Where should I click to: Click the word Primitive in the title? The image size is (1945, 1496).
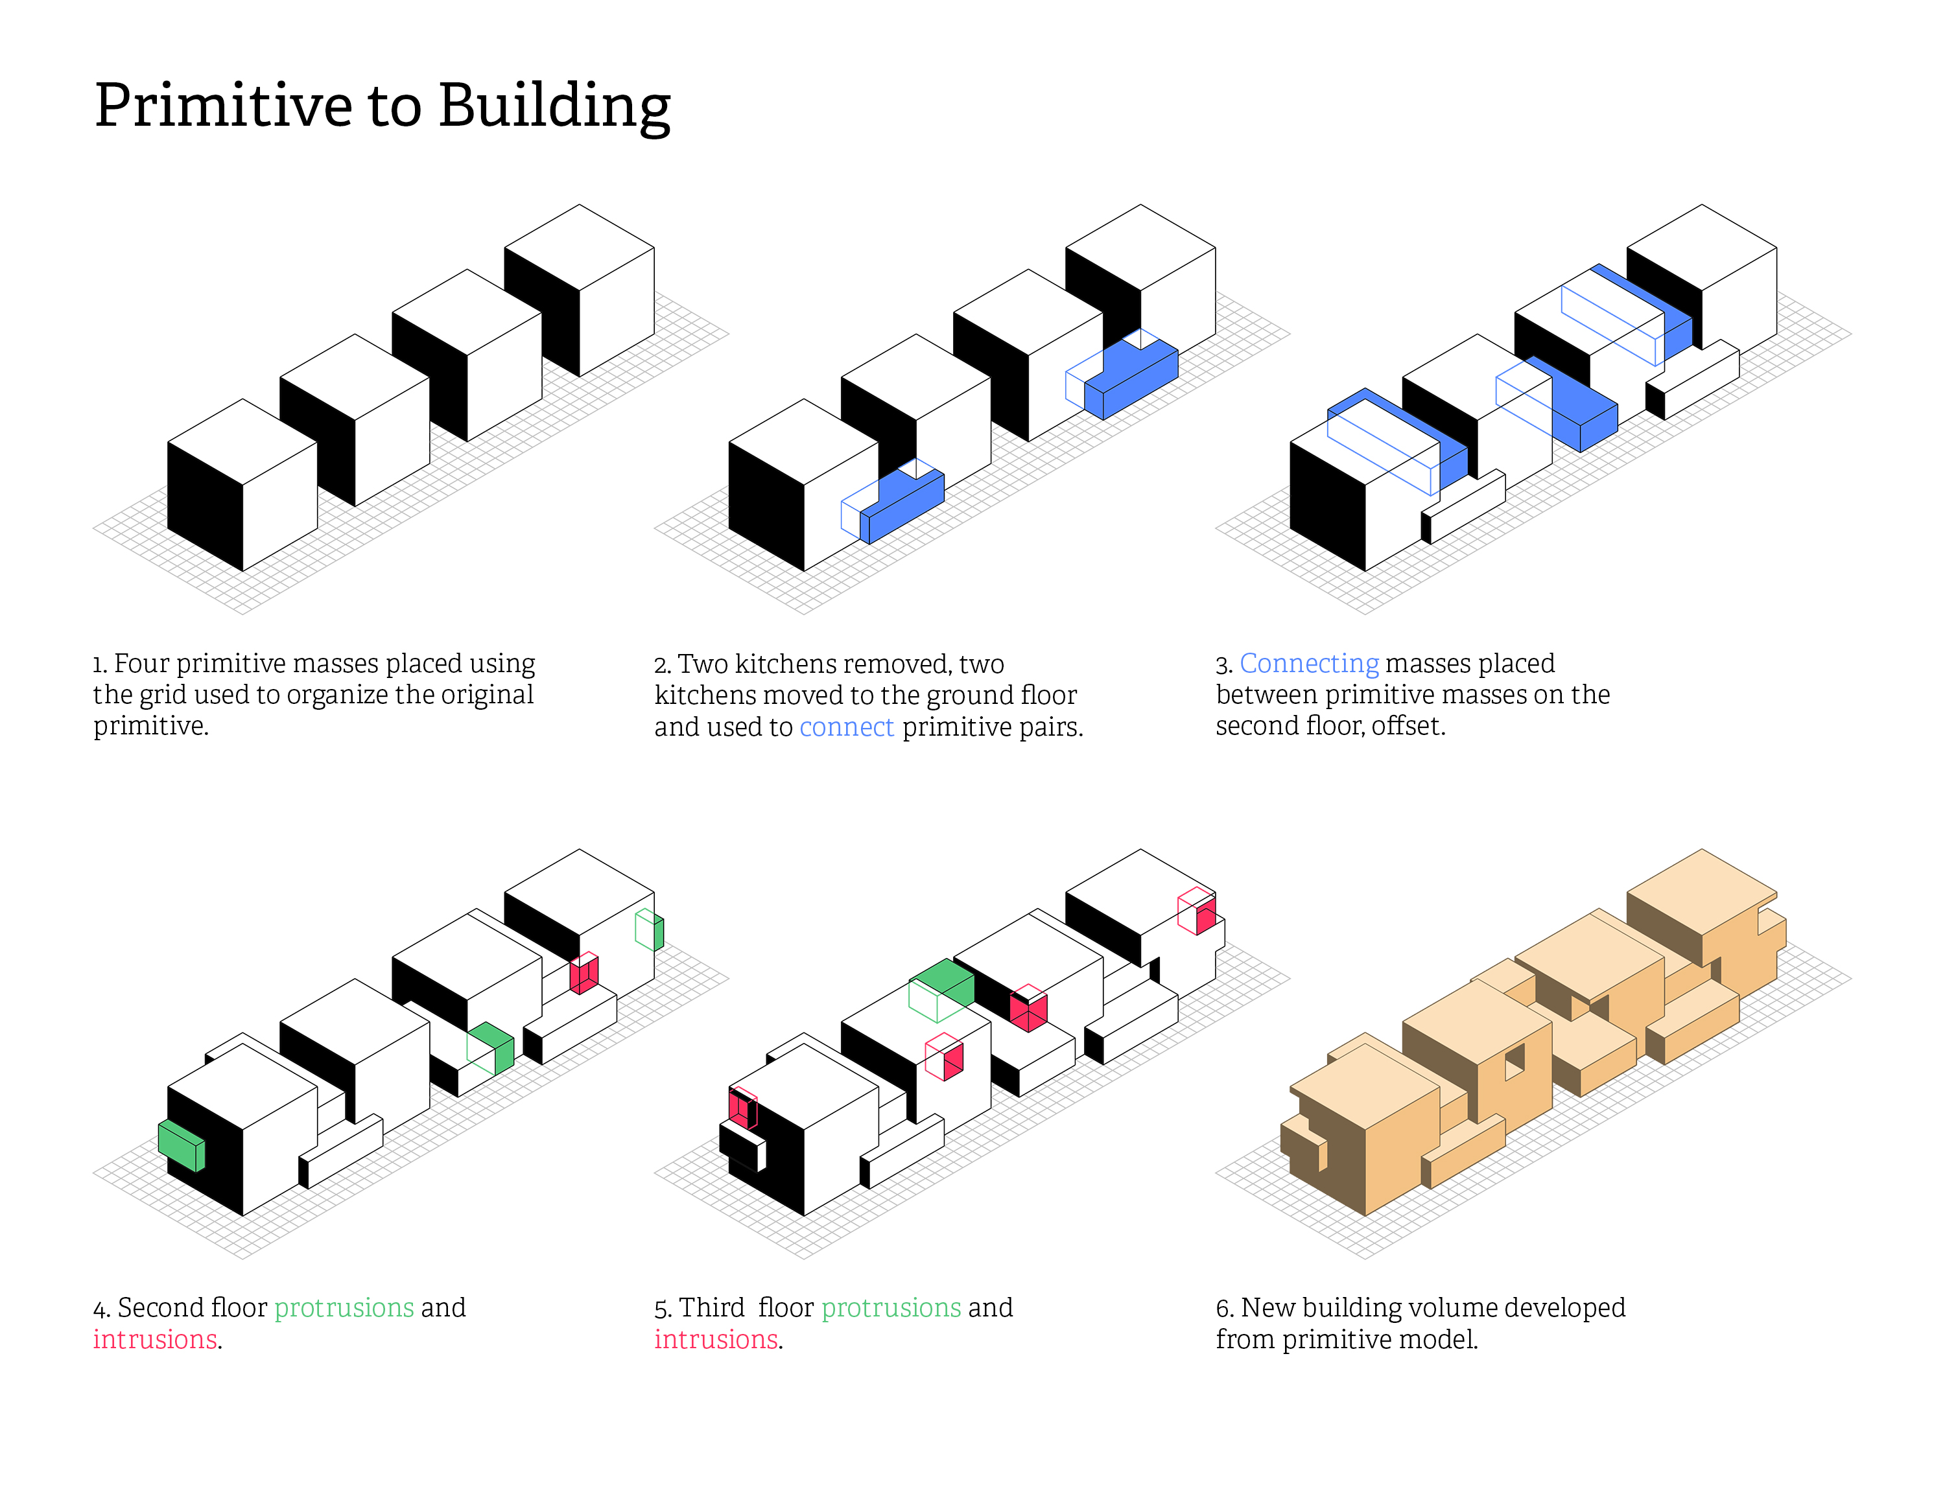click(224, 106)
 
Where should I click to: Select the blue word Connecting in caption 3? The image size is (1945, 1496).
click(1309, 664)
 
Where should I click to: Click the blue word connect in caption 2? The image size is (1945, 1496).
click(846, 727)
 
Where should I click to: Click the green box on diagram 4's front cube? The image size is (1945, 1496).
click(182, 1145)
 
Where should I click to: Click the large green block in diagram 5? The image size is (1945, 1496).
click(941, 989)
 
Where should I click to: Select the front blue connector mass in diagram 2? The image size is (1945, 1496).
click(893, 501)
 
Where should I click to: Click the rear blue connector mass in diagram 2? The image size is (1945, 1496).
click(1122, 375)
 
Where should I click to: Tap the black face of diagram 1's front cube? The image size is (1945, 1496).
click(206, 506)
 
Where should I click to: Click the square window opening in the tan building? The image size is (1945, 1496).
click(1514, 1062)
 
